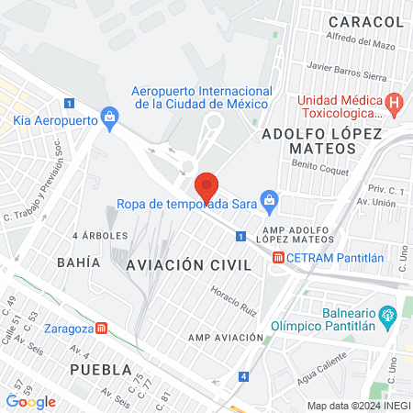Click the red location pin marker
(x=207, y=186)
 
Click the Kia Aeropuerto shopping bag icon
(x=110, y=117)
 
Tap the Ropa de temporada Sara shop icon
(x=269, y=199)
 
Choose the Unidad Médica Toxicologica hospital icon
(x=394, y=102)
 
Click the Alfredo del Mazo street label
(x=360, y=42)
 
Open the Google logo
(x=30, y=401)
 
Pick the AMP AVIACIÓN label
(x=227, y=338)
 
